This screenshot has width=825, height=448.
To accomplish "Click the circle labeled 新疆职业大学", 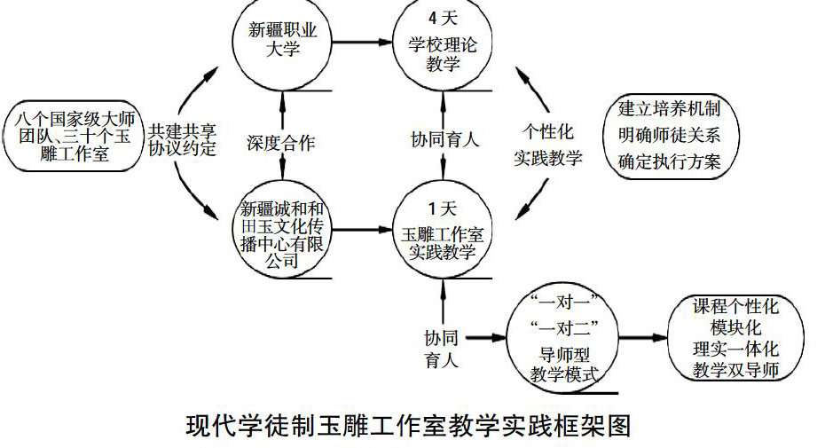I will pyautogui.click(x=281, y=40).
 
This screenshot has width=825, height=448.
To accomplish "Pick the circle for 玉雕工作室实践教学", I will pyautogui.click(x=442, y=232).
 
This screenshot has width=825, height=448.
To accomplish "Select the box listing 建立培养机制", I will pyautogui.click(x=669, y=136).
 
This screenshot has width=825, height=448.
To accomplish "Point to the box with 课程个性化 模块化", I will pyautogui.click(x=734, y=339).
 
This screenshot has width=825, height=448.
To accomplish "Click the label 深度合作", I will pyautogui.click(x=281, y=141).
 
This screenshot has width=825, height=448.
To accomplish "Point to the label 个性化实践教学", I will pyautogui.click(x=549, y=145).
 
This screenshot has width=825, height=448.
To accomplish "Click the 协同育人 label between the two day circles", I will pyautogui.click(x=444, y=139).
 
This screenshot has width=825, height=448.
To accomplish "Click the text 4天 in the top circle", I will pyautogui.click(x=442, y=15).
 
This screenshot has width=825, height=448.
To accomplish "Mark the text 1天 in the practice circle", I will pyautogui.click(x=442, y=209).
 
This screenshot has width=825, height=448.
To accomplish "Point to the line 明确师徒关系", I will pyautogui.click(x=669, y=136).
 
